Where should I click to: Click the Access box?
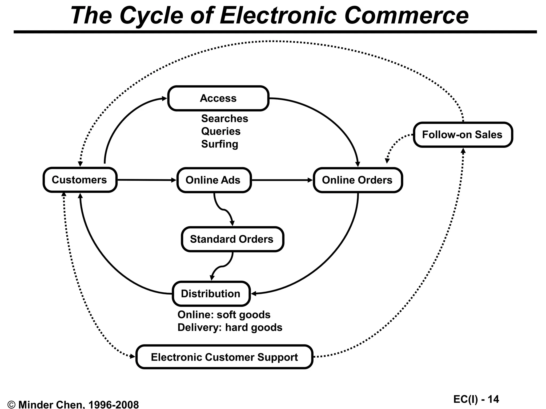pyautogui.click(x=218, y=98)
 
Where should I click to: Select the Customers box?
pyautogui.click(x=80, y=180)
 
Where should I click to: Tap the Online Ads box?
pyautogui.click(x=214, y=180)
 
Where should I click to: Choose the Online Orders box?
pyautogui.click(x=358, y=180)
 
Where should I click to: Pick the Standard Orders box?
pyautogui.click(x=232, y=239)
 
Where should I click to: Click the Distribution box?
pyautogui.click(x=211, y=294)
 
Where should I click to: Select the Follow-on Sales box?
pyautogui.click(x=463, y=134)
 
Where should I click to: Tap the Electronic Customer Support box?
pyautogui.click(x=224, y=357)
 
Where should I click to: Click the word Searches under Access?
pyautogui.click(x=224, y=118)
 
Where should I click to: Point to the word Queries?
pyautogui.click(x=221, y=131)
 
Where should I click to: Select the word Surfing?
pyautogui.click(x=219, y=144)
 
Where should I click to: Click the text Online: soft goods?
pyautogui.click(x=224, y=315)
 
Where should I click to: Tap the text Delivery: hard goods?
pyautogui.click(x=230, y=328)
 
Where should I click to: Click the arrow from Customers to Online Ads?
pyautogui.click(x=147, y=180)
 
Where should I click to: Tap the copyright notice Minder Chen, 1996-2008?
pyautogui.click(x=73, y=404)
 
